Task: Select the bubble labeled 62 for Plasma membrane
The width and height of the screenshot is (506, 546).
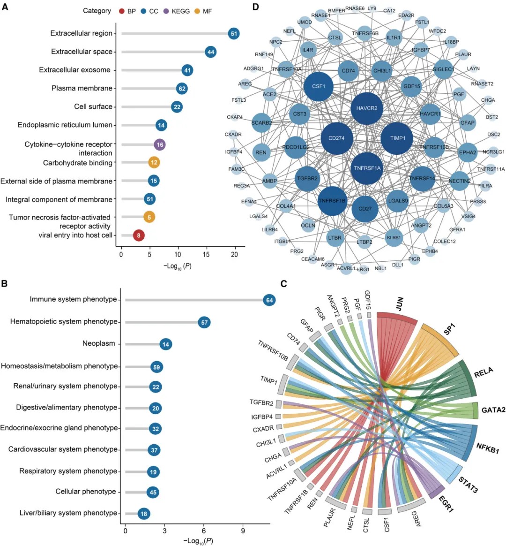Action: click(x=182, y=88)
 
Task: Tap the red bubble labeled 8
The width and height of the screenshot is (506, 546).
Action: click(x=138, y=235)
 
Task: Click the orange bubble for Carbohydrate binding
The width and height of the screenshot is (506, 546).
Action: click(x=154, y=162)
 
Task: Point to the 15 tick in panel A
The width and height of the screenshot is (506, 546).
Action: click(x=206, y=254)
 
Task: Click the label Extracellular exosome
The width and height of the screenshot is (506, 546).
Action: click(x=74, y=70)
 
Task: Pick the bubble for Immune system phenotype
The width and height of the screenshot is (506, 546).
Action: click(x=269, y=300)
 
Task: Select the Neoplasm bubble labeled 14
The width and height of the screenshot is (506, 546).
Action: click(x=165, y=344)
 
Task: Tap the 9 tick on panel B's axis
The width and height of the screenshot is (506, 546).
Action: click(x=243, y=531)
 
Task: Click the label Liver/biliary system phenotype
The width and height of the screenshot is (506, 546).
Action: click(x=68, y=513)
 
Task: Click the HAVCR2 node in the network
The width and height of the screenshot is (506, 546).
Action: click(x=367, y=108)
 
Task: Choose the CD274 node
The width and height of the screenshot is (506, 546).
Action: click(x=337, y=138)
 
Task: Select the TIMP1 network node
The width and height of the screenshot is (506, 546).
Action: click(x=397, y=138)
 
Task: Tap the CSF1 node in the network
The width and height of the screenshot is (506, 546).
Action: click(x=319, y=86)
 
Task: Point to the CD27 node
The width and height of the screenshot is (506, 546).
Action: click(x=365, y=209)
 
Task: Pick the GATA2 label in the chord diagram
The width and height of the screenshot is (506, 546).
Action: click(x=493, y=410)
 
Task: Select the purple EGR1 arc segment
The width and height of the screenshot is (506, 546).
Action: click(x=437, y=492)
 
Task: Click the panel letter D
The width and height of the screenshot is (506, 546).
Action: click(x=255, y=7)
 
